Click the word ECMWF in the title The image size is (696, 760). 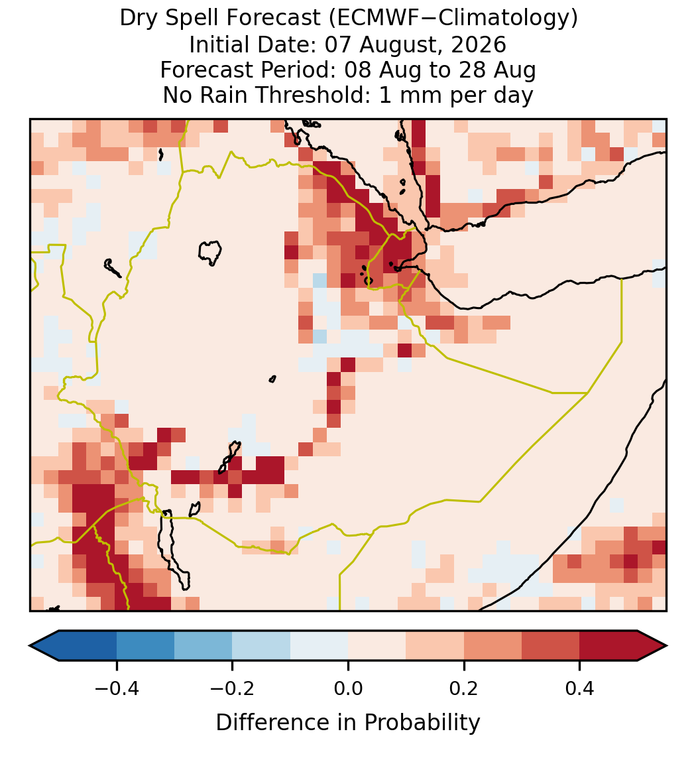click(x=369, y=19)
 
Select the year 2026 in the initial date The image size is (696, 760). click(x=479, y=44)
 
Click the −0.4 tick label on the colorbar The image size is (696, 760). click(x=117, y=688)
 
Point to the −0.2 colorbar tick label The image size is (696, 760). click(x=233, y=688)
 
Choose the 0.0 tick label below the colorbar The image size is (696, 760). click(x=348, y=688)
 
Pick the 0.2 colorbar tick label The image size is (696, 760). click(x=464, y=688)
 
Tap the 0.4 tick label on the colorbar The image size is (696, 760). click(x=580, y=688)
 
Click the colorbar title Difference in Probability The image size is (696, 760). click(x=348, y=722)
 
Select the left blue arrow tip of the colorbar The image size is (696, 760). click(x=30, y=646)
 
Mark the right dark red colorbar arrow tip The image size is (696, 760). click(x=666, y=646)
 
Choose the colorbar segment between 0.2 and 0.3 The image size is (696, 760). click(x=493, y=646)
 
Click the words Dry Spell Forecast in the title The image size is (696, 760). click(x=220, y=19)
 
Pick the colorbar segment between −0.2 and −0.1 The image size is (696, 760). click(x=261, y=646)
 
